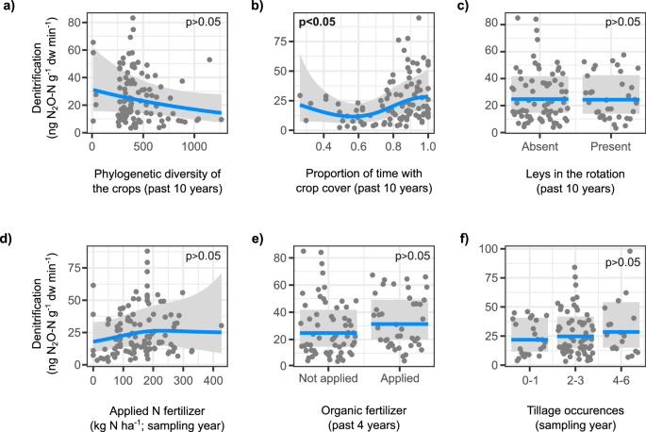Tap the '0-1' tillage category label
[528, 379]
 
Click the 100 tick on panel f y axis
[489, 248]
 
